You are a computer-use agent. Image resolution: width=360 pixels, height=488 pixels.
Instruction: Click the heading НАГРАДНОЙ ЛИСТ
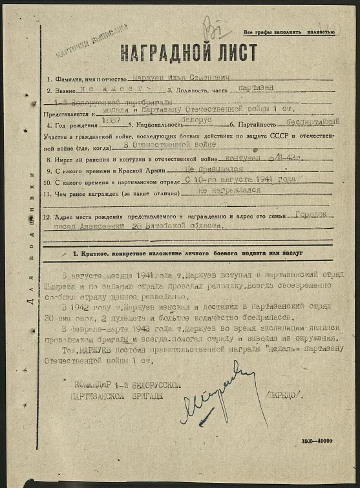(187, 52)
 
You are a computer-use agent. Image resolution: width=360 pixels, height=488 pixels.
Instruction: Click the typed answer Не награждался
(228, 190)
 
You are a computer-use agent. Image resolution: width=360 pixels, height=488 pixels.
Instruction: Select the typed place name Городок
(311, 214)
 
